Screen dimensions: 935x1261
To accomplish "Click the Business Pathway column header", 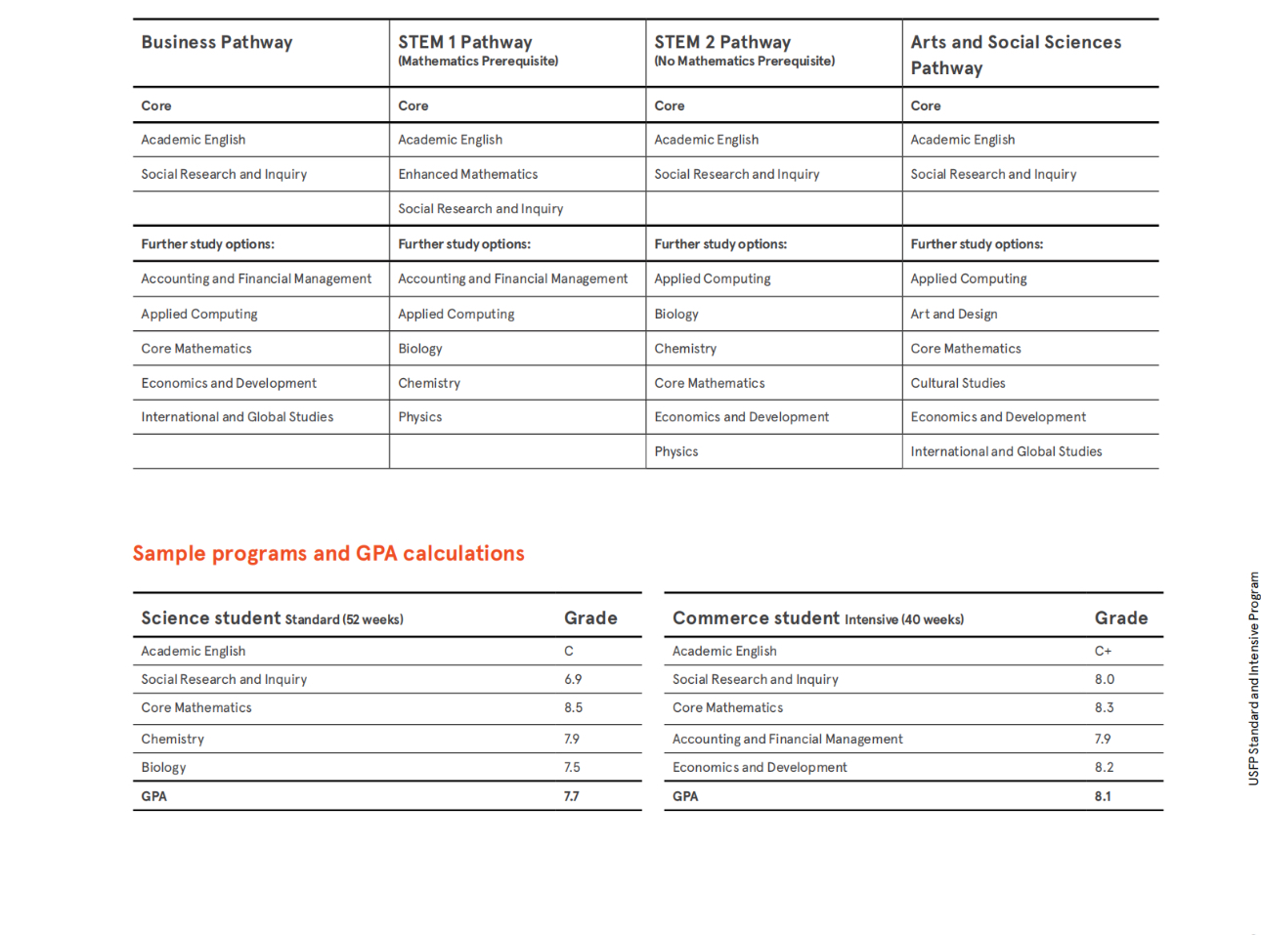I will (216, 43).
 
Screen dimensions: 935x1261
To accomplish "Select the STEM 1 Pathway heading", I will (464, 43).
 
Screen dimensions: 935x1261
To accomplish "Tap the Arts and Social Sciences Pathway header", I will (1015, 55).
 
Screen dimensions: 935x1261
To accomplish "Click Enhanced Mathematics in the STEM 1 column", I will (467, 174).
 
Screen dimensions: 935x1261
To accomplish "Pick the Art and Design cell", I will (953, 314).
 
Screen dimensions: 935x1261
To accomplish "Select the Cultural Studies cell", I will (957, 383).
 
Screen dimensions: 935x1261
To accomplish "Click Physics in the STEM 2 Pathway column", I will (675, 451).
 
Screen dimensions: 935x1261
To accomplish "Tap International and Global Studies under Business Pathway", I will (237, 417).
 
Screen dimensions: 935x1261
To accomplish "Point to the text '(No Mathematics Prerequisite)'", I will (744, 62).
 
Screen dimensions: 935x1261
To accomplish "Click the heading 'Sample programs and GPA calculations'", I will (328, 554).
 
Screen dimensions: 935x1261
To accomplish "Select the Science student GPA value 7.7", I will (571, 796).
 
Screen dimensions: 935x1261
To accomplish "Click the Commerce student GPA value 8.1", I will (1102, 796).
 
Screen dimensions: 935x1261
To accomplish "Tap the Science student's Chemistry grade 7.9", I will (571, 739).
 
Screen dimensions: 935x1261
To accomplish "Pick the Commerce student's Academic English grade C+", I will (1102, 651).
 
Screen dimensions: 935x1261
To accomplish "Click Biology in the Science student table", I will (163, 767).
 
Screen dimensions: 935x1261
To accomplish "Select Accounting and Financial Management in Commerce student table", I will (787, 739).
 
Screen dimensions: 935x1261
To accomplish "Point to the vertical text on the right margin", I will (1253, 678).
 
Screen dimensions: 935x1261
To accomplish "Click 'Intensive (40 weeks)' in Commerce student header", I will (903, 619).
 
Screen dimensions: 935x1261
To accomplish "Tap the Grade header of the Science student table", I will (590, 618).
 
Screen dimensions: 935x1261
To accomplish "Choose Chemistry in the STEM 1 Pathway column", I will (428, 383).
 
